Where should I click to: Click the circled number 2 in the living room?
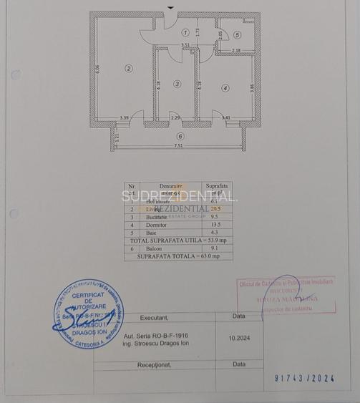point(129,69)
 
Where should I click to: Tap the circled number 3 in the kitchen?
point(177,84)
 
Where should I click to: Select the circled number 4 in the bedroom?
point(225,88)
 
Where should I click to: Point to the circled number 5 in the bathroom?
point(237,34)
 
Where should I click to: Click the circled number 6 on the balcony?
point(180,136)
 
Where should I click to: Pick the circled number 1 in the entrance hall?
point(185,32)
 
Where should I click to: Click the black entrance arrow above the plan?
point(170,7)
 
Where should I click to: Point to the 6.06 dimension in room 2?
point(99,72)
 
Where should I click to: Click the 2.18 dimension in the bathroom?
point(236,50)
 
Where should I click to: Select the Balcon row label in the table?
point(170,248)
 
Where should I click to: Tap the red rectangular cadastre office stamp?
point(286,295)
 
